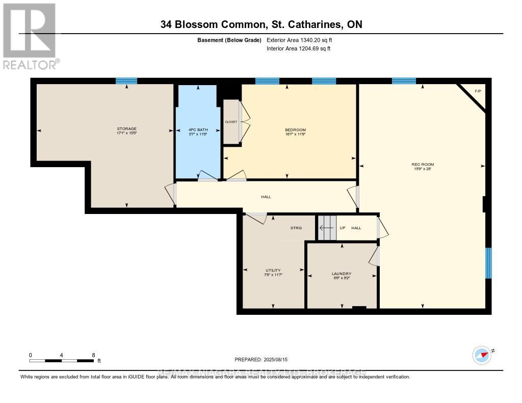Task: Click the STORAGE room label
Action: [x=127, y=128]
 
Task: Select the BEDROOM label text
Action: [x=295, y=130]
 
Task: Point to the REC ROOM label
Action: [x=423, y=164]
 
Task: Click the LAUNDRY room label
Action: [x=342, y=274]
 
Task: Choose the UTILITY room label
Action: [x=273, y=271]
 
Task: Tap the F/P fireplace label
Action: [x=478, y=91]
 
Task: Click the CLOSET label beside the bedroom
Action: [x=231, y=122]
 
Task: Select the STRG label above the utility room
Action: [x=296, y=228]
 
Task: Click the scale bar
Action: [x=62, y=361]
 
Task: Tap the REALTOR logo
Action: [x=30, y=36]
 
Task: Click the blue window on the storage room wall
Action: [x=126, y=80]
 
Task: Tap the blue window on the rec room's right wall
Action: [x=488, y=263]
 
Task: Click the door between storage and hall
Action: [x=172, y=194]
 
